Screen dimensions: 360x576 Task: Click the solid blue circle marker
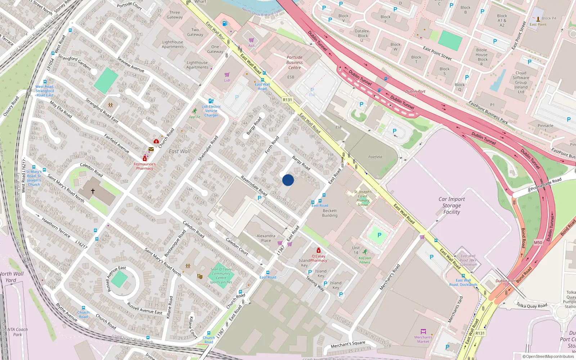pos(288,180)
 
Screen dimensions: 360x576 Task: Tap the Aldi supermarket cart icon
pos(251,40)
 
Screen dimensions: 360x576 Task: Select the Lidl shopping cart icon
pos(227,75)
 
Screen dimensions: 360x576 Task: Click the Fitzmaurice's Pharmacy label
pos(145,166)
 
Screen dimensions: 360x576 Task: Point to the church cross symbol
pos(93,191)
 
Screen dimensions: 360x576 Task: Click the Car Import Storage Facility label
pos(451,206)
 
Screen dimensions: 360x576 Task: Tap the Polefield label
pos(375,157)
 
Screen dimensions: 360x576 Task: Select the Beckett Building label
pos(330,213)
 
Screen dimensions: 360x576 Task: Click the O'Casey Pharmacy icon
pos(318,251)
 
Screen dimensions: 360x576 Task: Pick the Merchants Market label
pos(423,339)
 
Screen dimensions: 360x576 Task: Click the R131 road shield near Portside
pos(287,100)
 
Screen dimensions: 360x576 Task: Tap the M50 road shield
pos(538,243)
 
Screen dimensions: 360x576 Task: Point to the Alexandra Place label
pos(266,238)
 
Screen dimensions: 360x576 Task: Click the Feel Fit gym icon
pos(195,111)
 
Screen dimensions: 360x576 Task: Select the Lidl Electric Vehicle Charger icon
pos(211,101)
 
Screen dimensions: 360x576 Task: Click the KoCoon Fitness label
pos(365,260)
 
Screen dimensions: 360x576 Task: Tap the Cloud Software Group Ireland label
pos(521,82)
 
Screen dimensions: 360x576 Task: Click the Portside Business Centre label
pos(294,62)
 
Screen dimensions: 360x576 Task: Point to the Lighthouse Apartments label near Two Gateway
pos(172,44)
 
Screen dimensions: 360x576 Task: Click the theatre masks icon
pos(199,276)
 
